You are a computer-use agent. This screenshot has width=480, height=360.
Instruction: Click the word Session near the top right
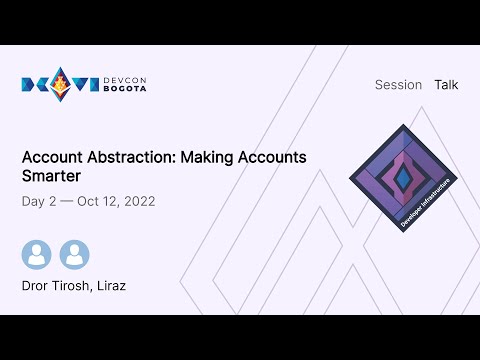click(398, 85)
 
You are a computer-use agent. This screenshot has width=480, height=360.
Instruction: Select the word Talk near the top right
click(446, 85)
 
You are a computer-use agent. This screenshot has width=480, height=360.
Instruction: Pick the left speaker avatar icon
click(37, 254)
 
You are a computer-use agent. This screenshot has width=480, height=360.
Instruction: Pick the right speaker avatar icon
click(74, 254)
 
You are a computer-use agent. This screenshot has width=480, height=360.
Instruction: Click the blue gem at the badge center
click(405, 177)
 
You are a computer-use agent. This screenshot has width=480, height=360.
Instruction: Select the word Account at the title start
click(54, 158)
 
